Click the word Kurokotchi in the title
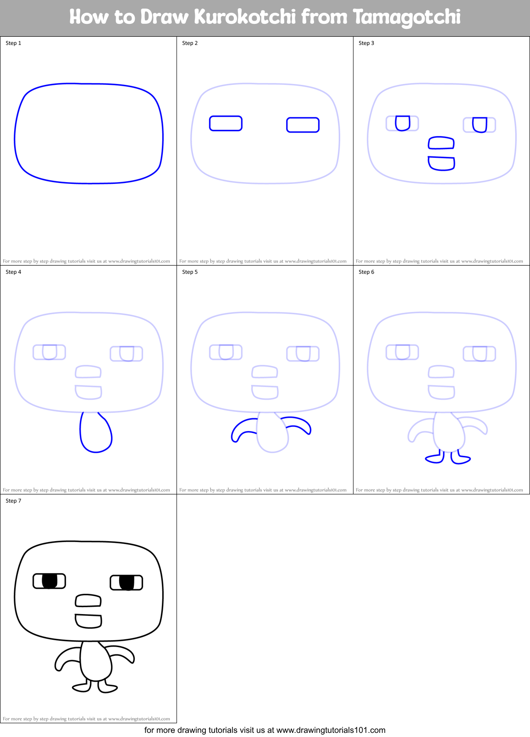[245, 17]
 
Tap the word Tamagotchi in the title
[407, 17]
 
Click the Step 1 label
[13, 43]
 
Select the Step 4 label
[13, 272]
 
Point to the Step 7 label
[13, 501]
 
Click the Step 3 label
[366, 43]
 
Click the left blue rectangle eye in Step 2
[226, 123]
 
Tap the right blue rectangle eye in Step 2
[303, 125]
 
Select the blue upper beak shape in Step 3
[441, 143]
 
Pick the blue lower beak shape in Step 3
[442, 163]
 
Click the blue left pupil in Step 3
[403, 123]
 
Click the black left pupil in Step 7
[50, 581]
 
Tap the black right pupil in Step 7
[127, 582]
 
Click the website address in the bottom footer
[331, 730]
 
